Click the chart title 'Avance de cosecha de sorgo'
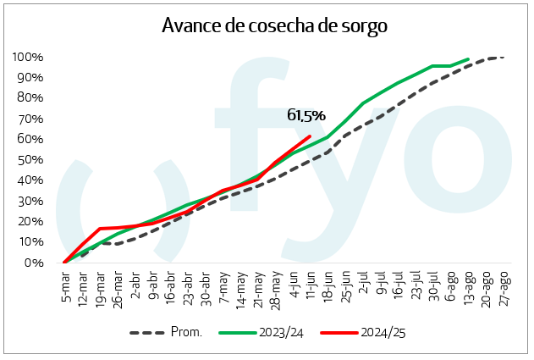point(274,25)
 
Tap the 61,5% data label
point(306,115)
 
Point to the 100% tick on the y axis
point(30,57)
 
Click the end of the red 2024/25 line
point(311,136)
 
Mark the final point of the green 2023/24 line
point(469,59)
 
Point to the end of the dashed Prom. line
point(504,58)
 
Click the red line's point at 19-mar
point(101,229)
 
